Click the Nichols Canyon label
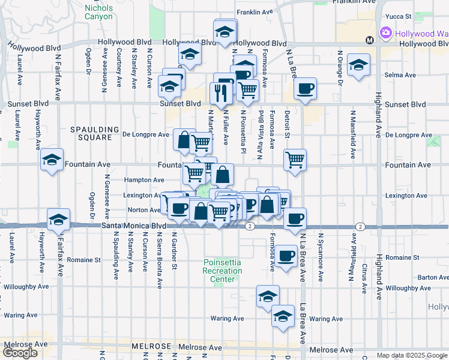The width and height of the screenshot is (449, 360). point(98,13)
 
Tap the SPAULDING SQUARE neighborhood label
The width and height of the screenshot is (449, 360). point(91,133)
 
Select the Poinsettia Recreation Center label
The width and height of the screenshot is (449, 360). point(223,271)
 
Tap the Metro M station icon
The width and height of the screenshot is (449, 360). point(369,40)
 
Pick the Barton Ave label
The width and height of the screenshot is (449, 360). point(433,277)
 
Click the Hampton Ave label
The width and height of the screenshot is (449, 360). point(144,179)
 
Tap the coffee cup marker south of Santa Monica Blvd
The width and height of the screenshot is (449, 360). point(286,256)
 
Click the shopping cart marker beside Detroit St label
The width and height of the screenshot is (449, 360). point(295,160)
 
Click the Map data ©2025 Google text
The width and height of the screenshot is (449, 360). point(412,355)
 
